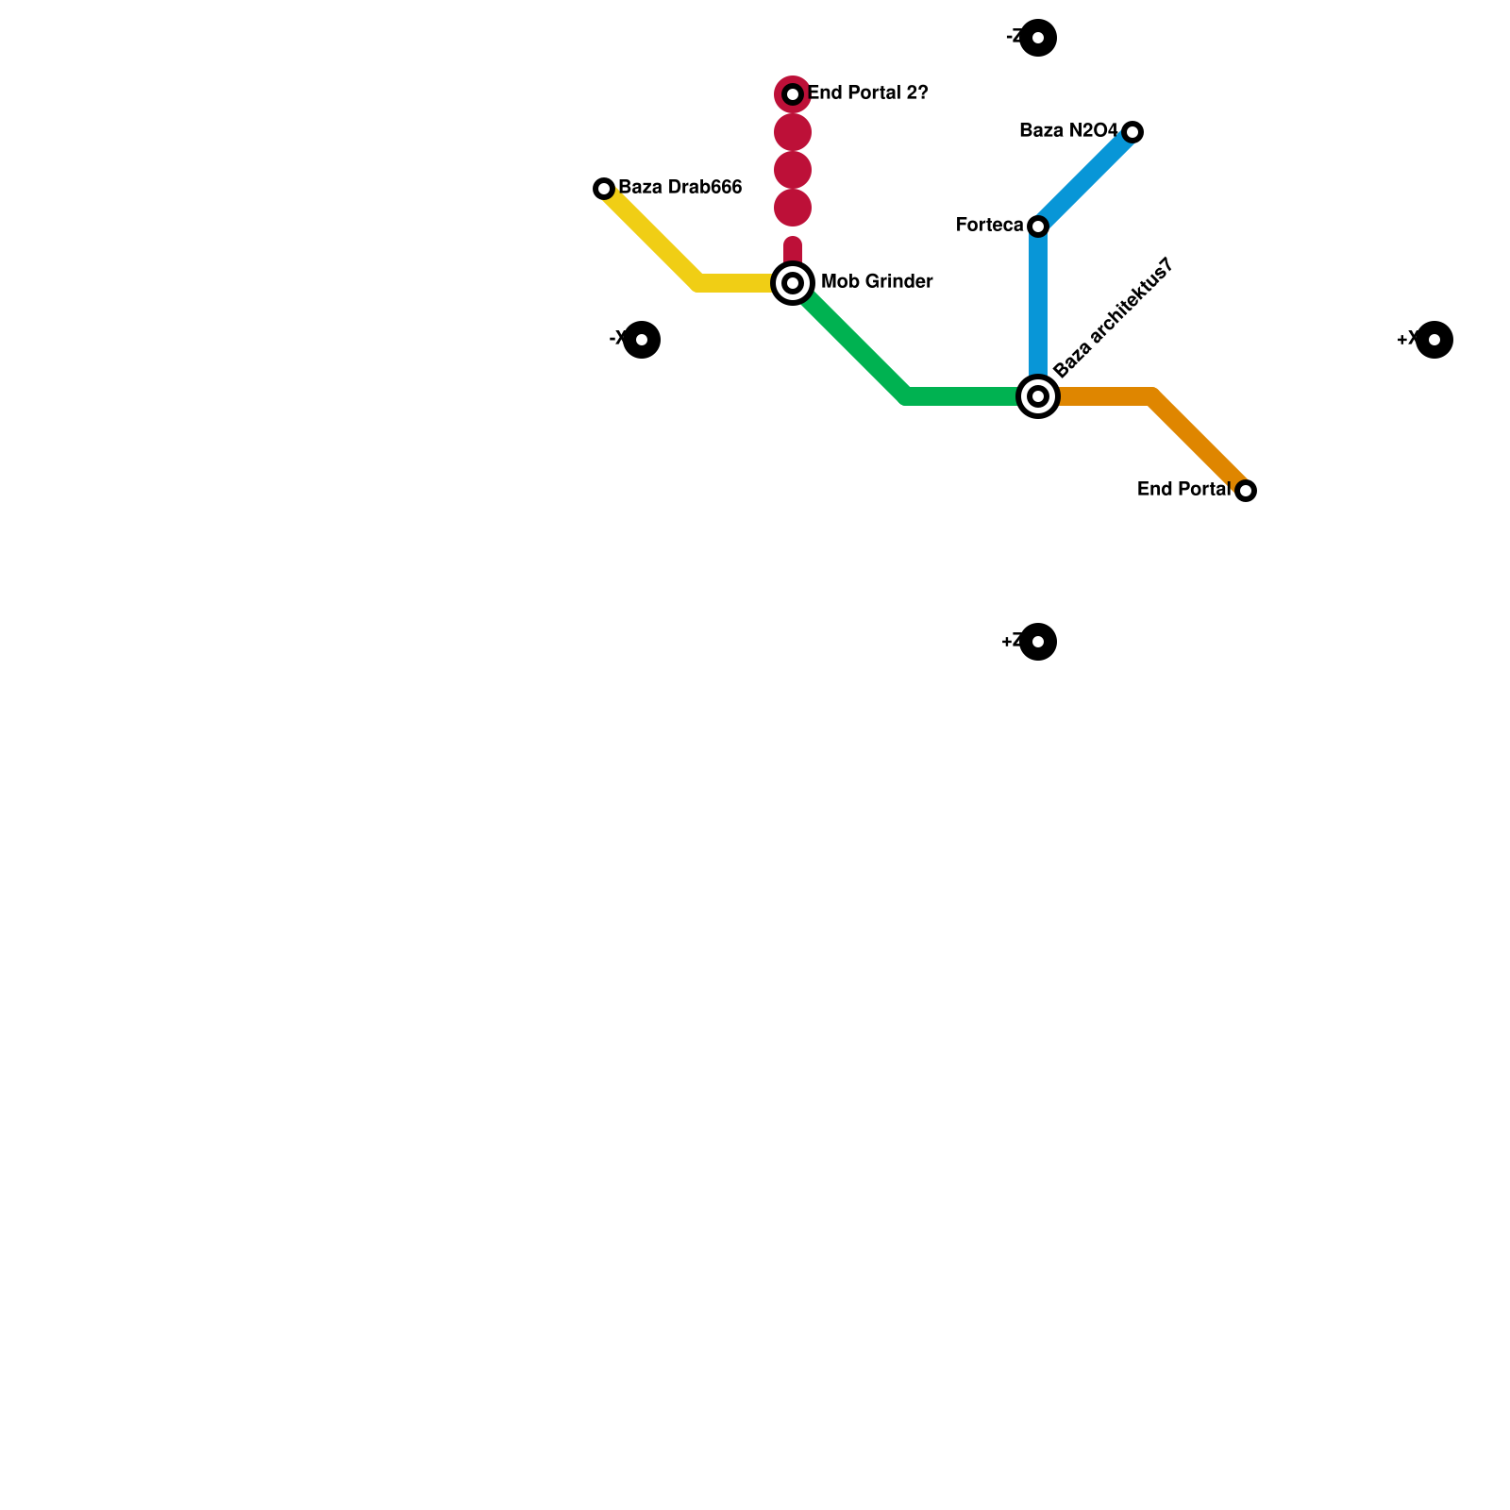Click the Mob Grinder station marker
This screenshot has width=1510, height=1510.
tap(793, 283)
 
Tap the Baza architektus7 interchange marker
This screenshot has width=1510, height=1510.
tap(1038, 396)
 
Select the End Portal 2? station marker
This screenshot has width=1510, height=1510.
tap(793, 94)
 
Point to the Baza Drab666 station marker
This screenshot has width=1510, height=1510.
tap(604, 189)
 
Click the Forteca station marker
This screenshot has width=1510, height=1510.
tap(1038, 226)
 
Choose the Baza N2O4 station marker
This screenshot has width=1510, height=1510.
tap(1132, 132)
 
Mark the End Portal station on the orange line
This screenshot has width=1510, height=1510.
tap(1246, 491)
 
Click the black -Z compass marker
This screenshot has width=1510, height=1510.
tap(1038, 38)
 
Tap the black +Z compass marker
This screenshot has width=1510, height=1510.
tap(1038, 642)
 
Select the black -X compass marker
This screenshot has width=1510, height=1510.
tap(642, 340)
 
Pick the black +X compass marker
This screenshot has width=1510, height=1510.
tap(1434, 340)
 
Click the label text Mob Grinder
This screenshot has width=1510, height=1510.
tap(877, 282)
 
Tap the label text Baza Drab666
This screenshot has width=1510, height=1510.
tap(680, 188)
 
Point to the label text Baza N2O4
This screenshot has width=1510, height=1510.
tap(1068, 131)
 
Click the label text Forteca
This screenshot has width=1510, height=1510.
tap(989, 226)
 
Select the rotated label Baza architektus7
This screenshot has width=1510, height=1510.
tap(1114, 318)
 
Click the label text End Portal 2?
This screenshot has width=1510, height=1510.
tap(868, 93)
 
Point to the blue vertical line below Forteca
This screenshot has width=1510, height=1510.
tap(1038, 311)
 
